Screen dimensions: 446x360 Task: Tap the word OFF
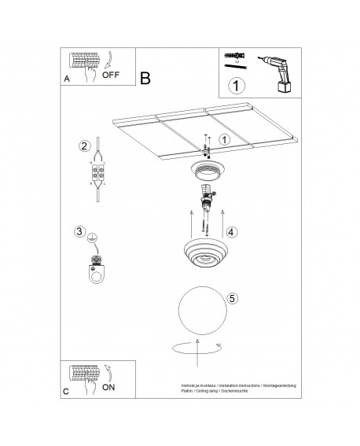111,76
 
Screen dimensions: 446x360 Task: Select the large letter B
145,79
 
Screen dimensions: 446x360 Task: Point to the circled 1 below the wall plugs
234,85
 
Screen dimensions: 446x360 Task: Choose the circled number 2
83,146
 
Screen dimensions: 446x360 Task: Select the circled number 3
79,230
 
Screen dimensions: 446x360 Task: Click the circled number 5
231,299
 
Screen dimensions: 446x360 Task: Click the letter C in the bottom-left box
66,390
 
